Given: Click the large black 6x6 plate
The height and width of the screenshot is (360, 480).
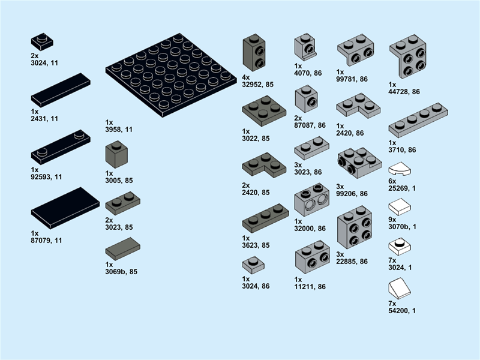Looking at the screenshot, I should point(170,74).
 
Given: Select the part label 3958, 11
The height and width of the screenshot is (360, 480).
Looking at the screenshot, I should point(119,129).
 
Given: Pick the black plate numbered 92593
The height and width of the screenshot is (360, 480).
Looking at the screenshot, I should point(60,148).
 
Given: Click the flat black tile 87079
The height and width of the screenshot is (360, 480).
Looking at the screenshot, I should point(65,208).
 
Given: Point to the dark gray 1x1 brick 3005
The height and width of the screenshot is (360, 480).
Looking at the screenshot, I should point(116,155).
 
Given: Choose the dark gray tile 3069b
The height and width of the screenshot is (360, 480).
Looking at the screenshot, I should point(122,248).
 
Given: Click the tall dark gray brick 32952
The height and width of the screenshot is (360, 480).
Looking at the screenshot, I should point(254,53).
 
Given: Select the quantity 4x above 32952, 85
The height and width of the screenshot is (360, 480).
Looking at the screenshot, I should point(245,77).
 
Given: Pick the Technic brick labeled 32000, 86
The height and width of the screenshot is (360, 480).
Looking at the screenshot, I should point(311,200).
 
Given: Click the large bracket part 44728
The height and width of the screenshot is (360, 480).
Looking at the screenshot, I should point(408,58).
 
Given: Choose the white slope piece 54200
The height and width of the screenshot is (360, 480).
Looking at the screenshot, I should point(400,291).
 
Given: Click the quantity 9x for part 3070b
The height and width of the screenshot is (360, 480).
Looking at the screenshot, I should point(392,219).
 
